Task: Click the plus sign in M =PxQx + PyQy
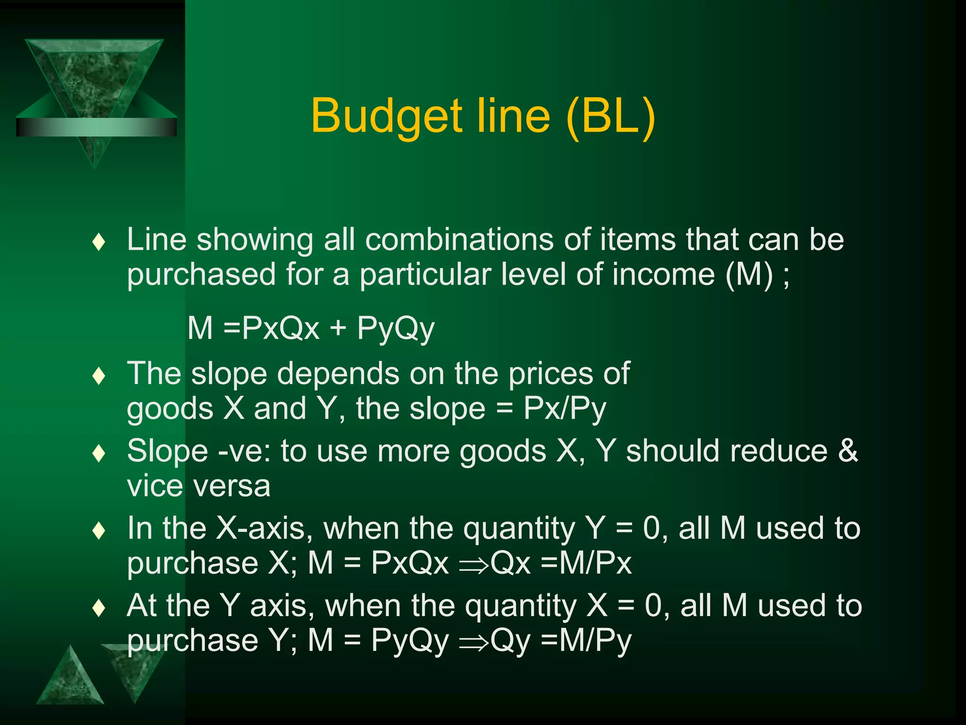tap(338, 327)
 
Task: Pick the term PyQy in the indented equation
tap(395, 328)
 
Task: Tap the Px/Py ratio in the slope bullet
tap(564, 408)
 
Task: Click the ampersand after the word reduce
tap(848, 451)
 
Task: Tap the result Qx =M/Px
tap(561, 563)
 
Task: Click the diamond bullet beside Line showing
tap(99, 242)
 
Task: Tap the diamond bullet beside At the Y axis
tap(99, 608)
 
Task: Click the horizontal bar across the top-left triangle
tap(96, 127)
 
